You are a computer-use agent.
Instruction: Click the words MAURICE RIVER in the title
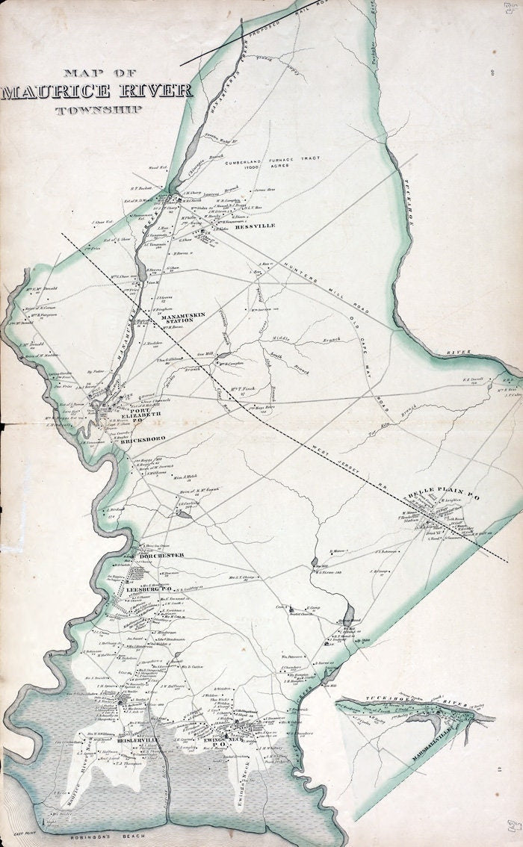[x=96, y=92]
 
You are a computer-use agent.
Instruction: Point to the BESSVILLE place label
[x=255, y=225]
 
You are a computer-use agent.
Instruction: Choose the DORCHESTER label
[x=159, y=555]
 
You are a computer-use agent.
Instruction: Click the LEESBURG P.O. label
[x=149, y=590]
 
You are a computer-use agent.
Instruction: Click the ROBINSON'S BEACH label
[x=84, y=829]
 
